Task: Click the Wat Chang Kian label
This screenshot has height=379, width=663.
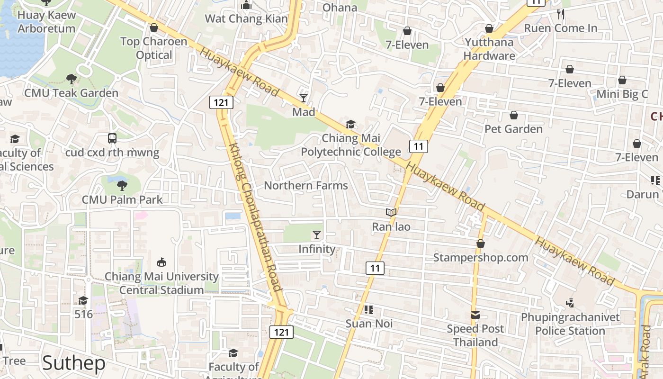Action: (246, 18)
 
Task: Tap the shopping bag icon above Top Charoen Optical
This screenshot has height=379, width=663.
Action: (153, 28)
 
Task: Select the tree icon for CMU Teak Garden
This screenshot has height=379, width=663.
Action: (71, 79)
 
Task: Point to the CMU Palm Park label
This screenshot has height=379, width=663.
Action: (122, 199)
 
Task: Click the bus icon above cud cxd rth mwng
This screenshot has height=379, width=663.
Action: (112, 138)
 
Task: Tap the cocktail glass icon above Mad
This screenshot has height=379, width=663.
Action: (304, 98)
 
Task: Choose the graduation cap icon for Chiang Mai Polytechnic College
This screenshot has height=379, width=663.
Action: (350, 125)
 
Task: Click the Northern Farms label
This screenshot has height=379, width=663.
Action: (306, 185)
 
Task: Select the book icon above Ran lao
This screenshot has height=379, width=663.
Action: (391, 213)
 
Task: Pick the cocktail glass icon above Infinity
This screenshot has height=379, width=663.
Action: (317, 235)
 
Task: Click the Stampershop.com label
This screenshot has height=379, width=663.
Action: (481, 257)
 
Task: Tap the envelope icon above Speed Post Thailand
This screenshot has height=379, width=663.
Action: (475, 315)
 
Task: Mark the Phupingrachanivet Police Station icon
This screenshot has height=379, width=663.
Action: (570, 303)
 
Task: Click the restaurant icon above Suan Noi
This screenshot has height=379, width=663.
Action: (369, 310)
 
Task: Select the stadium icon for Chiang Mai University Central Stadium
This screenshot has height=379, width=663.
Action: (161, 262)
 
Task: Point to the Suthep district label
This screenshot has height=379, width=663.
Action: (74, 363)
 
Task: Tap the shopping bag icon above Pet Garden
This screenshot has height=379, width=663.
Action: (514, 115)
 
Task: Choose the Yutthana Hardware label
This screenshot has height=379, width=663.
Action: (489, 49)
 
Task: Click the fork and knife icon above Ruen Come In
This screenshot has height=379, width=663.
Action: (561, 14)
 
